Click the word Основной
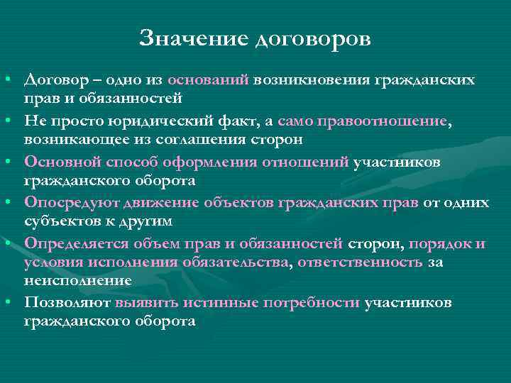62,163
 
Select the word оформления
209,163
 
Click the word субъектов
61,221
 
